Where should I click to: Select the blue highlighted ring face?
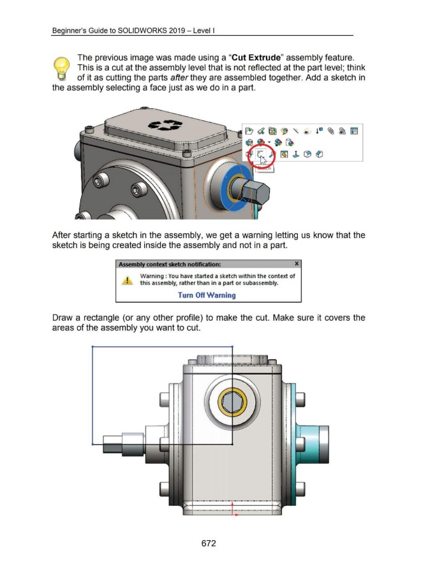pos(228,202)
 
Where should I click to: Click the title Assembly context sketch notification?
pos(170,264)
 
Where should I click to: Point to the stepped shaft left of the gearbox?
pos(122,442)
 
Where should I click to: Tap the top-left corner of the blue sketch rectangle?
pos(93,347)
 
